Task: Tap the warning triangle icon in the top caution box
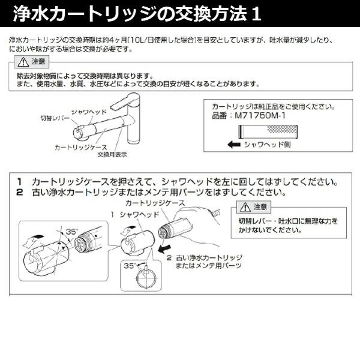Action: click(23, 62)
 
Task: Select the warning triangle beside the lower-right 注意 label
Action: click(244, 208)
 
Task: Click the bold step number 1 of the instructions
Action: click(19, 181)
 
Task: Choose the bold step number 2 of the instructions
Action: click(19, 193)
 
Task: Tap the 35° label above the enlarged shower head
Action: click(73, 230)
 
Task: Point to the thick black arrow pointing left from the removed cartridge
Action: click(163, 247)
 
